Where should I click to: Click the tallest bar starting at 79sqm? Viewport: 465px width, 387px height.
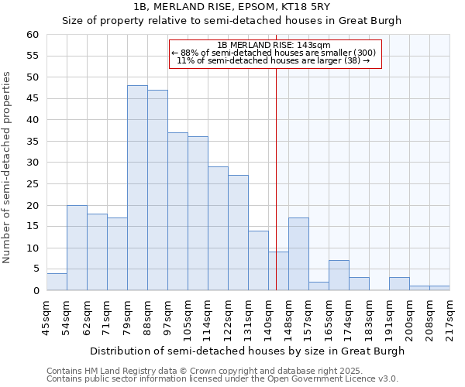pos(137,188)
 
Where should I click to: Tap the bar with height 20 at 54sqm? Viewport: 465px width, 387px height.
pos(77,248)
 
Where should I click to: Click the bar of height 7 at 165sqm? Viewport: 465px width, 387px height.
pos(339,276)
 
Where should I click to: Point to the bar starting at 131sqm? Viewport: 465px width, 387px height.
pos(258,261)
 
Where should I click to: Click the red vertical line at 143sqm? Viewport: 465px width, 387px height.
pos(276,178)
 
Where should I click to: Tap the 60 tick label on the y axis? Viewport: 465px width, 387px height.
pos(32,35)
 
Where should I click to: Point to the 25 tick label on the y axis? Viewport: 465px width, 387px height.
pos(32,184)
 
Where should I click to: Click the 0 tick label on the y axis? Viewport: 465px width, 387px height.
pos(35,291)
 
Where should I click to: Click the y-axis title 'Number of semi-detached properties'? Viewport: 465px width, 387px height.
pos(7,166)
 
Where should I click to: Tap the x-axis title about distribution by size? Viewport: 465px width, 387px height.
pos(247,351)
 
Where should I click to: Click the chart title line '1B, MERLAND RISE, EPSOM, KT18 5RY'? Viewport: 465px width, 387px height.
pos(232,6)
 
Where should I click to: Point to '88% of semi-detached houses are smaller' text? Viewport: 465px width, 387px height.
pos(274,53)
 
